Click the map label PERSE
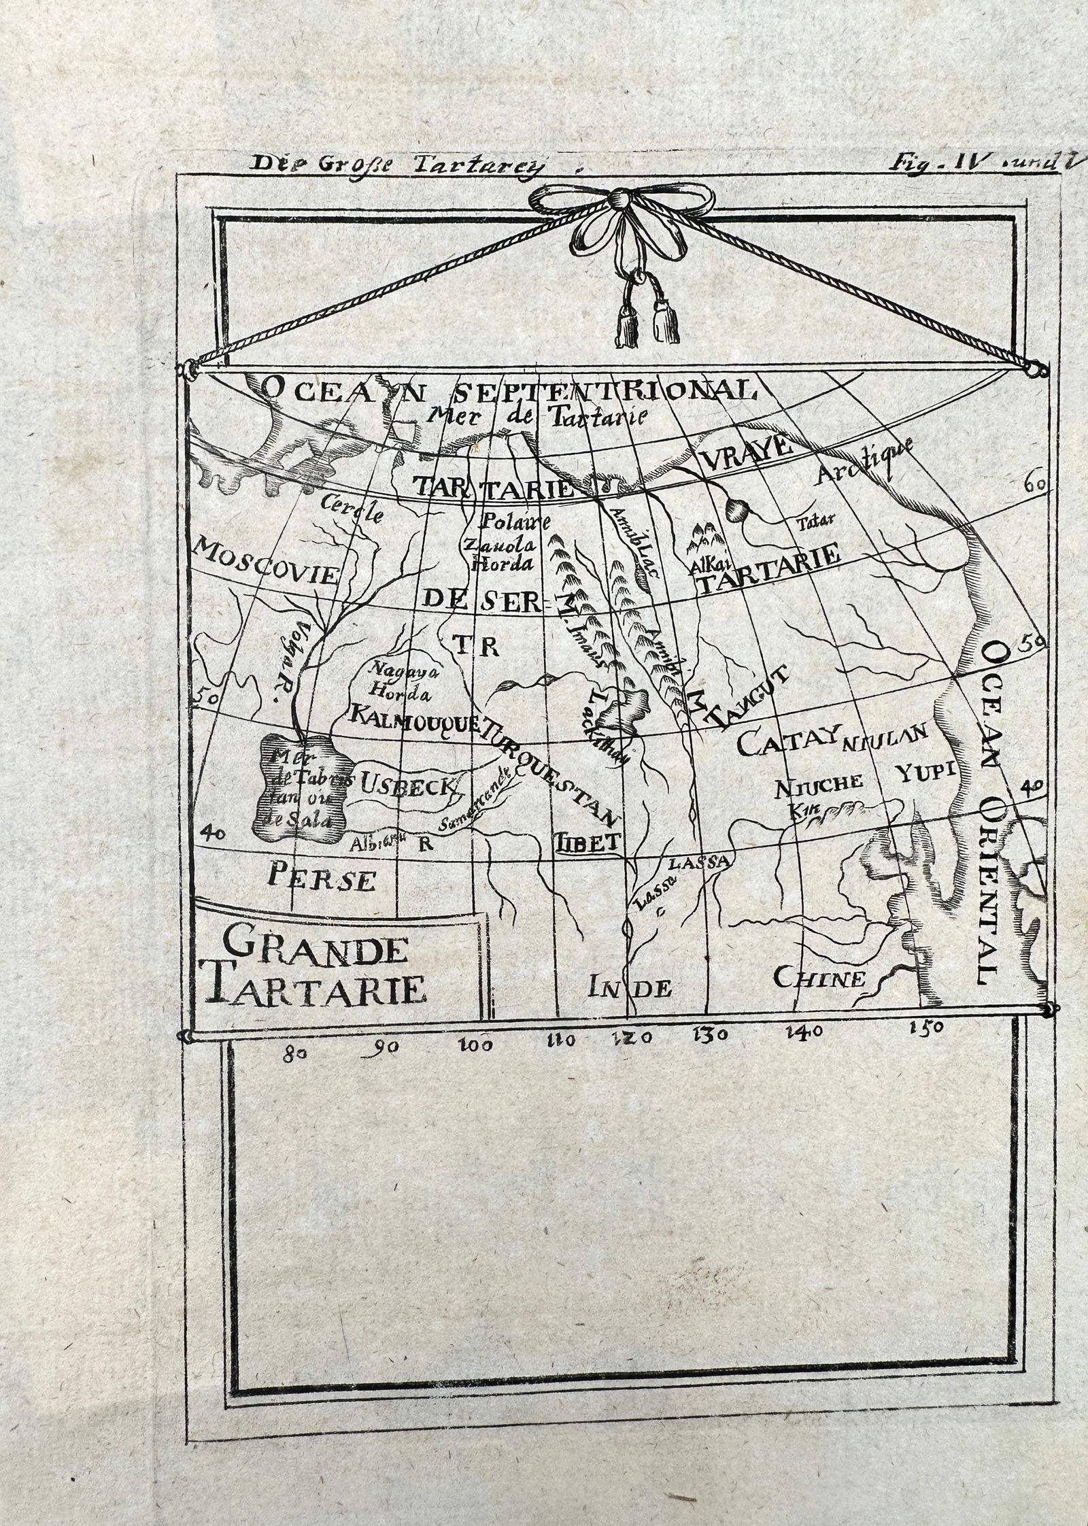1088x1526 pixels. [x=322, y=877]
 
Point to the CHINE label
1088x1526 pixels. [x=820, y=978]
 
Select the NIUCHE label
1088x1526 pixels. [x=819, y=784]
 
